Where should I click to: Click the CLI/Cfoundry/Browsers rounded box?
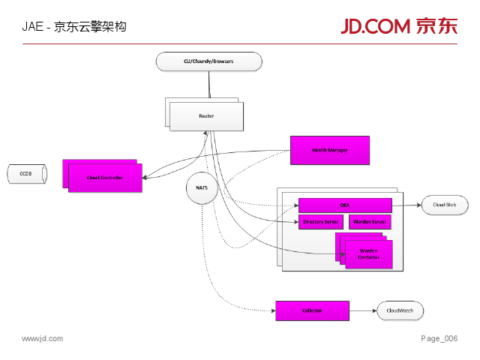pyautogui.click(x=208, y=61)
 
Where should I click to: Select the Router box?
pyautogui.click(x=206, y=116)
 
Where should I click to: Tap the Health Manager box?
pyautogui.click(x=330, y=150)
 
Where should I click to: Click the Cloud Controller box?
pyautogui.click(x=105, y=178)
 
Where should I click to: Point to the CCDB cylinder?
pyautogui.click(x=26, y=174)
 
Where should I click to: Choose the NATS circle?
pyautogui.click(x=202, y=188)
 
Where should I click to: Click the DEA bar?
pyautogui.click(x=345, y=205)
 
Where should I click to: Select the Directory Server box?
pyautogui.click(x=321, y=222)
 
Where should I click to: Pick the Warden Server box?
pyautogui.click(x=370, y=222)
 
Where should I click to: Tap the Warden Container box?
pyautogui.click(x=368, y=253)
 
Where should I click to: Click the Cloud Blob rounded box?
pyautogui.click(x=445, y=205)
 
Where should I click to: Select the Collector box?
pyautogui.click(x=312, y=310)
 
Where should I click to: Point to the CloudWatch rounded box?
pyautogui.click(x=400, y=310)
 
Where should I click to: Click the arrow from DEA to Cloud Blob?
pyautogui.click(x=406, y=205)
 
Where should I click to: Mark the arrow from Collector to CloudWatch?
pyautogui.click(x=363, y=310)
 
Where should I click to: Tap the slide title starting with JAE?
pyautogui.click(x=73, y=26)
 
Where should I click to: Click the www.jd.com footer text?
pyautogui.click(x=42, y=339)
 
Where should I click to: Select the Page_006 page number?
pyautogui.click(x=439, y=339)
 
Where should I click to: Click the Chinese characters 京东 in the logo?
pyautogui.click(x=436, y=26)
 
